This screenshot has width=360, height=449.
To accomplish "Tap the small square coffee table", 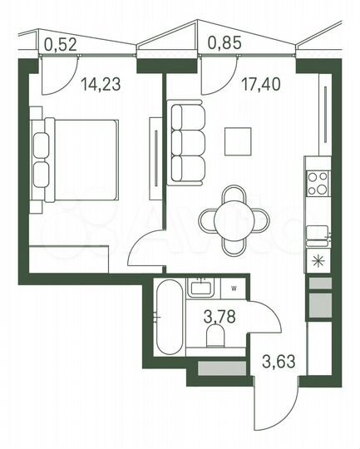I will [239, 141].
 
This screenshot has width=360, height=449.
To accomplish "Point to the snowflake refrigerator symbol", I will [318, 259].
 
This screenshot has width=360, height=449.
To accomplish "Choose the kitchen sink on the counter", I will [318, 232].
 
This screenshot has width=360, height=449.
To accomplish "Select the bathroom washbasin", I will [200, 288].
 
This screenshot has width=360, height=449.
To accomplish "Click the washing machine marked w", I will [234, 289].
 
